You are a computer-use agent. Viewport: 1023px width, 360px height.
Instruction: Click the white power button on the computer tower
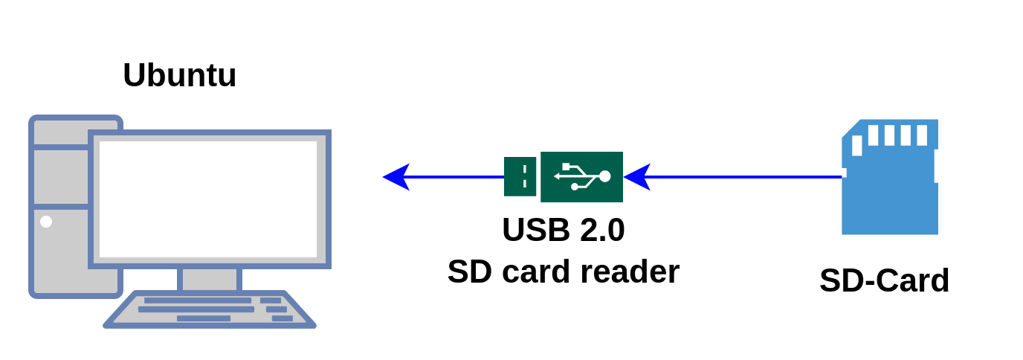tap(46, 222)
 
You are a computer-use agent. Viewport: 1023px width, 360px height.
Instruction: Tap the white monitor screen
tap(208, 199)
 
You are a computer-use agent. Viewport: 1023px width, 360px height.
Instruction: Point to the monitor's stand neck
tap(210, 280)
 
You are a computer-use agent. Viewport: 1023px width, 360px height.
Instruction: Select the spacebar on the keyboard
tap(203, 318)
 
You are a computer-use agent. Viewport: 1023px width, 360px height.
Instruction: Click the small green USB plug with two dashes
tap(520, 177)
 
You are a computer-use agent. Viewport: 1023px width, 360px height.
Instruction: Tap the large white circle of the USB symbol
tap(604, 176)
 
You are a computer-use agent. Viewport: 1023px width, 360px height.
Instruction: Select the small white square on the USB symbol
tap(567, 167)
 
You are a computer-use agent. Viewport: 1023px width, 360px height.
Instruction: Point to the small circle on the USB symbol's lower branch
tap(575, 187)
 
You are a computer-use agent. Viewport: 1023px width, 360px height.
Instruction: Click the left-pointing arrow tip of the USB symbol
tap(557, 176)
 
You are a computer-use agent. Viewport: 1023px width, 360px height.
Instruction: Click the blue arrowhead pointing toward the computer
tap(396, 177)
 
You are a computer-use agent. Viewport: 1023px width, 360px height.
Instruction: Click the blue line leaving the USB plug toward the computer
tap(457, 177)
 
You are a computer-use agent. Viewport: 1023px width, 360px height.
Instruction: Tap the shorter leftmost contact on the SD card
tap(857, 145)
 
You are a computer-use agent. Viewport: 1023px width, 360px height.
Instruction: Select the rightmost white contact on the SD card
tap(922, 135)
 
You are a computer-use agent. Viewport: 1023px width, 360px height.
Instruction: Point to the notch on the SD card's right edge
tap(936, 166)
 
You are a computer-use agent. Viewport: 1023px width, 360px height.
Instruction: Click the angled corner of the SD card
tap(850, 128)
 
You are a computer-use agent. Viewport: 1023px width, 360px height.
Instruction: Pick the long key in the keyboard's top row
tap(197, 300)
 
